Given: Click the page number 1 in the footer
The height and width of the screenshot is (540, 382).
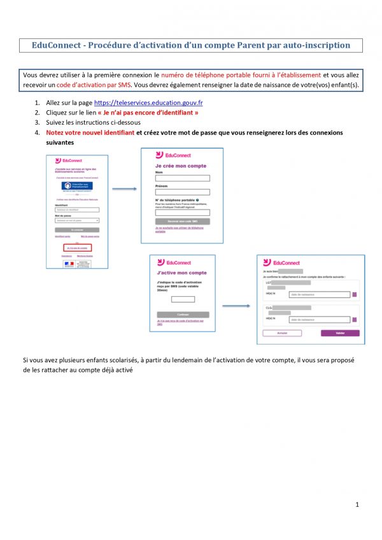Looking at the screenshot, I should point(358,505).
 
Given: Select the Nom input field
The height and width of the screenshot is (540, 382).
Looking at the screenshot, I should point(182,178).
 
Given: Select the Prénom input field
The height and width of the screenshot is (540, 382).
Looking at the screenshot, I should point(182,192).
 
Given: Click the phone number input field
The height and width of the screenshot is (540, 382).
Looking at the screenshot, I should point(182,213).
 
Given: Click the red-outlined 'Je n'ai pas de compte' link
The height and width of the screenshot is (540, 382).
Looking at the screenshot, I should point(77,247).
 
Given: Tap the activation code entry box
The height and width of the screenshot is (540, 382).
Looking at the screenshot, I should point(183,299).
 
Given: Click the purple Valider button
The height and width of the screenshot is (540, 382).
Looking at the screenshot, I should point(340,333).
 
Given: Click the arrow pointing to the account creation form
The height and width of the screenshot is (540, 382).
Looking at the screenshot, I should point(125,188).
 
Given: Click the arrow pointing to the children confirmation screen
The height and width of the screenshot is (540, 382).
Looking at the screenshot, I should point(236,306).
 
